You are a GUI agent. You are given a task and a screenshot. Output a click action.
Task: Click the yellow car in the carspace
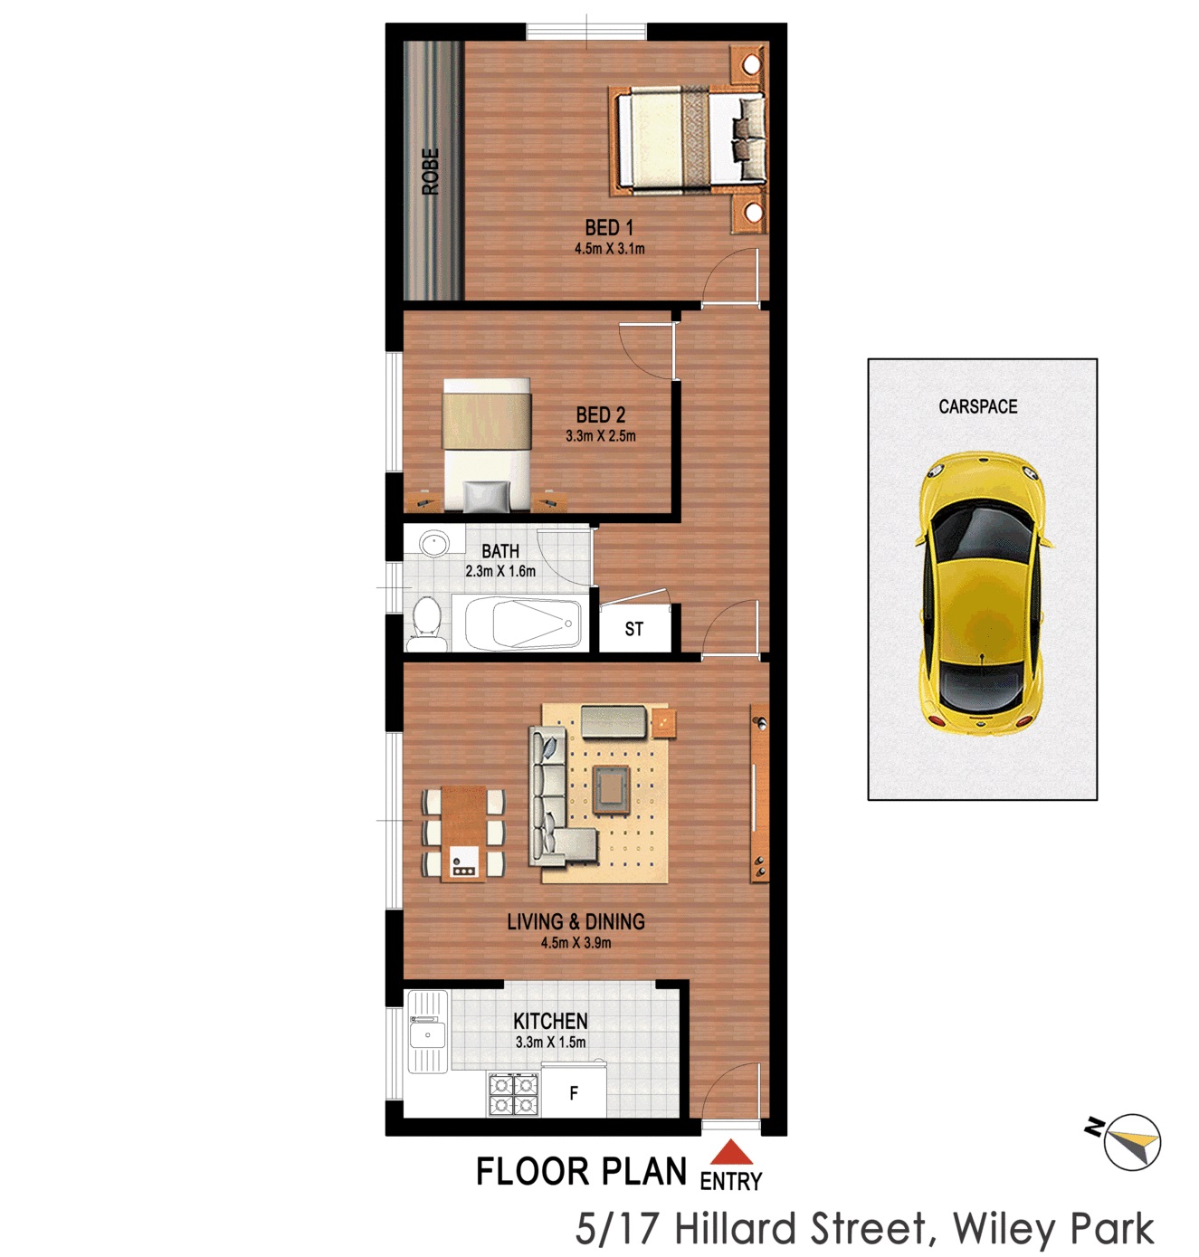tap(982, 594)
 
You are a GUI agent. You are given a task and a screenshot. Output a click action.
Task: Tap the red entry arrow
tap(731, 1151)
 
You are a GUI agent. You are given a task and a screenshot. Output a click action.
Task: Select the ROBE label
tap(431, 172)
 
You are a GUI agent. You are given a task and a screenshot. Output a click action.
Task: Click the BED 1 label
tap(609, 228)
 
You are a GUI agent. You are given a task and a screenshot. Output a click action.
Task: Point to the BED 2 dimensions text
tap(601, 437)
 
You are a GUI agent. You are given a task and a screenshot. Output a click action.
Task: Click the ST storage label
tap(633, 629)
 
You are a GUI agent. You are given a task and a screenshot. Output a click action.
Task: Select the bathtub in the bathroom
tap(521, 624)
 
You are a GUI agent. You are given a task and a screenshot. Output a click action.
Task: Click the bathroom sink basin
tap(435, 544)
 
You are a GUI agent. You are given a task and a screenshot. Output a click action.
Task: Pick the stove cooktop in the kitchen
tap(513, 1094)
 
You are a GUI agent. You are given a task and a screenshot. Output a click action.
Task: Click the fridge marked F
tap(574, 1092)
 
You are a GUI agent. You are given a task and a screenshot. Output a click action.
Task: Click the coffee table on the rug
tap(612, 790)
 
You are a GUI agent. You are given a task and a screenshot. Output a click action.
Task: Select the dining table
tap(463, 833)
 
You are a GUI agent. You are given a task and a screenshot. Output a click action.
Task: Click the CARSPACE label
tap(977, 406)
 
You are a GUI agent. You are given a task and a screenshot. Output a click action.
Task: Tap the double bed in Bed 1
tap(688, 141)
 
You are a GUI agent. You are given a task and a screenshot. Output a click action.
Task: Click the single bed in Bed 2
tap(487, 445)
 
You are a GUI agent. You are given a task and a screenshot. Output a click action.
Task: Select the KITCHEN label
tap(550, 1021)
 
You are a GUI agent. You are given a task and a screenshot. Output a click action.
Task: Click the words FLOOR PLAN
tap(581, 1173)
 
